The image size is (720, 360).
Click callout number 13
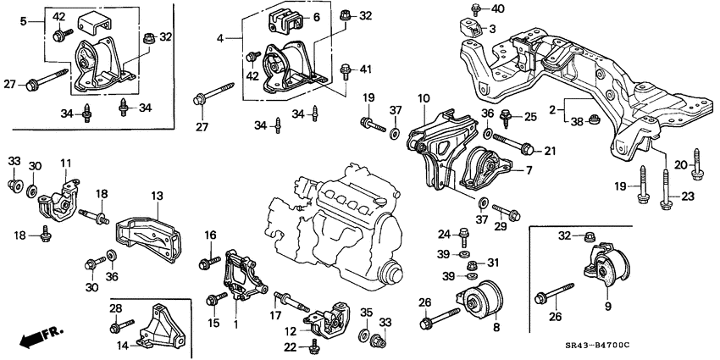pos(156,197)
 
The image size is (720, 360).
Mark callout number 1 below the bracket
pos(235,324)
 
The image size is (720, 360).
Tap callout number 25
pos(530,115)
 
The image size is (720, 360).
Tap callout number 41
pos(366,68)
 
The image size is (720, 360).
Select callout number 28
pos(116,308)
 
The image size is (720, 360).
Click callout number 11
pos(66,162)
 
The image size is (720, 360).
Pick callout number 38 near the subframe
pos(577,122)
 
